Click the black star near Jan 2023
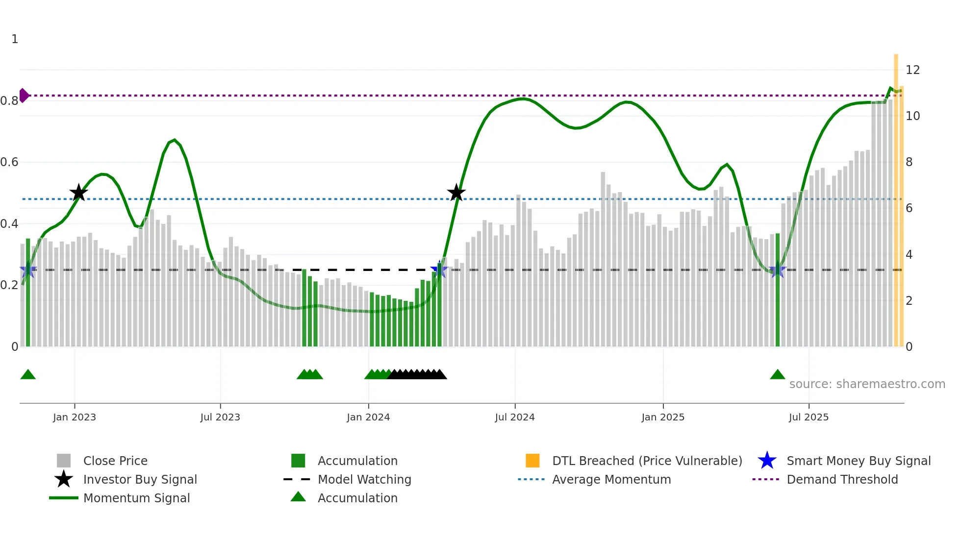pos(78,193)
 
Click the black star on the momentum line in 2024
pos(456,193)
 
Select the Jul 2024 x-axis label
pos(515,417)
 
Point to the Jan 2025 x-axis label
pos(663,417)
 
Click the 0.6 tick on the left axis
pos(9,162)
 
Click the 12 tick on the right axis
pos(912,70)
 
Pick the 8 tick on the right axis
pos(909,162)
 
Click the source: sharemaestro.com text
pos(867,384)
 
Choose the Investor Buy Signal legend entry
pos(140,479)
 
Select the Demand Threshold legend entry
pos(842,479)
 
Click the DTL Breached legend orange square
pos(532,461)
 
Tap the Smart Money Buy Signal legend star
pos(767,461)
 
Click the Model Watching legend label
pos(364,479)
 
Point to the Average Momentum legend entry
pos(611,479)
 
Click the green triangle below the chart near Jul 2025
pos(778,375)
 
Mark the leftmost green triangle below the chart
pos(28,375)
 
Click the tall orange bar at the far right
pos(896,196)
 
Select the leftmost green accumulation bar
pos(28,294)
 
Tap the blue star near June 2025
pos(778,270)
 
